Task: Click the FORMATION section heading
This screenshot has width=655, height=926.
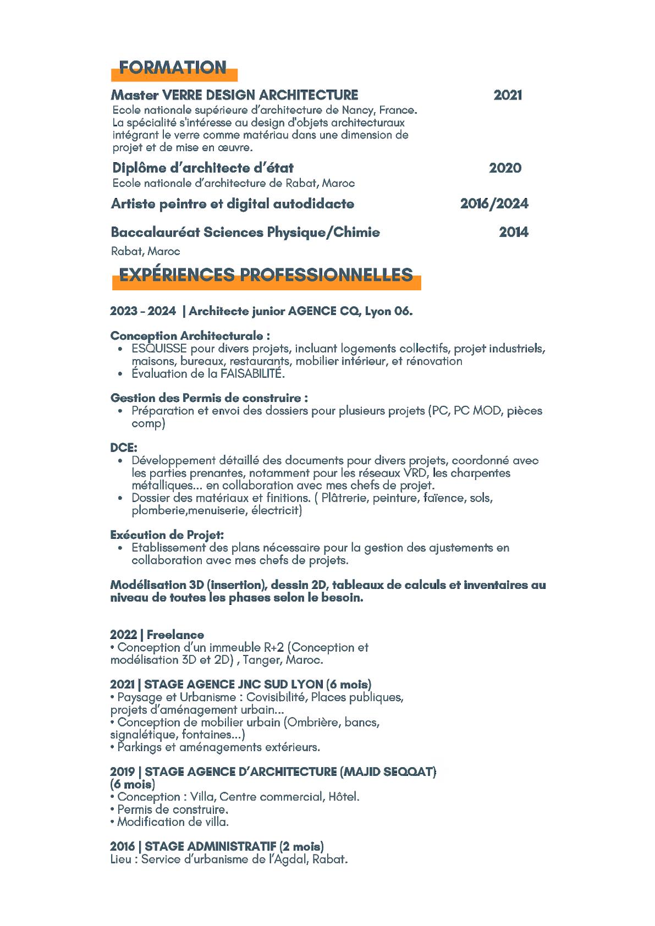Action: tap(173, 68)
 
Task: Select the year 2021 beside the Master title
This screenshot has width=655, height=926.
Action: tap(508, 95)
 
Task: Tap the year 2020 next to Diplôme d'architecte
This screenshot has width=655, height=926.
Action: tap(505, 168)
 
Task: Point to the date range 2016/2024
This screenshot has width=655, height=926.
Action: tap(494, 203)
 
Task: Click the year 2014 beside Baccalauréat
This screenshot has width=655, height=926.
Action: tap(513, 232)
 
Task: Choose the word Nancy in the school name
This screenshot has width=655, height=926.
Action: tap(356, 110)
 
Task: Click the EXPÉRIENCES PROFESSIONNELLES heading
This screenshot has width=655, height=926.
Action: tap(266, 275)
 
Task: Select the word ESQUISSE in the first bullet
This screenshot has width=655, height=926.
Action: tap(159, 349)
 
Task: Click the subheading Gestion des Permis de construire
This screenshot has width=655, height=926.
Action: tap(209, 398)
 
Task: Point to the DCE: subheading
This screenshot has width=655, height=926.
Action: tap(124, 448)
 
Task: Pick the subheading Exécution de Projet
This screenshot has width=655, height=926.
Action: tap(167, 534)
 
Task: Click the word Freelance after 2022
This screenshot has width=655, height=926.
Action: tap(175, 635)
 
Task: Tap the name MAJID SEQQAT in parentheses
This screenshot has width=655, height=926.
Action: tap(389, 771)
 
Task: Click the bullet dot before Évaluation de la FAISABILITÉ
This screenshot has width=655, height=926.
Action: tap(120, 374)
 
